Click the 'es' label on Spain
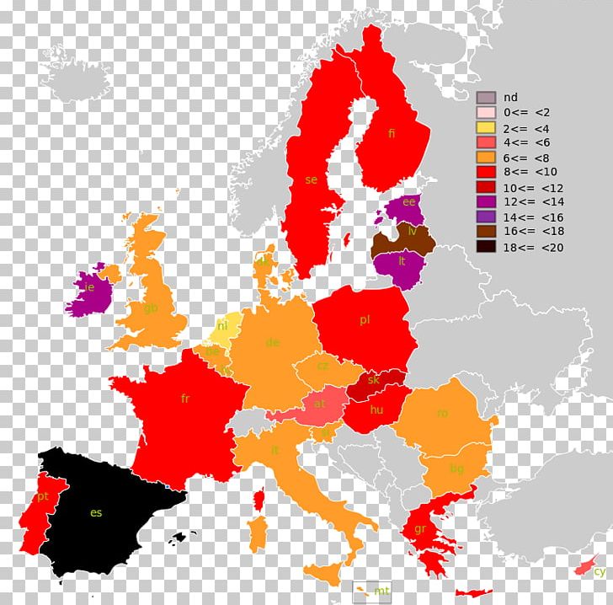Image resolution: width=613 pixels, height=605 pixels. coord(96,512)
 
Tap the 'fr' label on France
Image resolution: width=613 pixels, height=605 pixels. coord(185,399)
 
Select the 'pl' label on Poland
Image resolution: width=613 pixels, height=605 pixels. coord(365,319)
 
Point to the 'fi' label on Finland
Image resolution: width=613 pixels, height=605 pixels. coord(392,133)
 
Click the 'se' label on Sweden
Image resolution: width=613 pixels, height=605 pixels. coord(312,180)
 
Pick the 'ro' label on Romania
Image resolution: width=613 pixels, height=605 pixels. coord(442,413)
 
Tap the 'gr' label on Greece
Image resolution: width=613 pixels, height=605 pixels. coord(419,529)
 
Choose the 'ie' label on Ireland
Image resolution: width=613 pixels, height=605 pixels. coord(89,286)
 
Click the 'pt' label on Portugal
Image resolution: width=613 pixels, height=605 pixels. coord(42,497)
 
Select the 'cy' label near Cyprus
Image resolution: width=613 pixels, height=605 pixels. coord(600,571)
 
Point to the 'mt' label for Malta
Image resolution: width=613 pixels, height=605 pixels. coord(383,590)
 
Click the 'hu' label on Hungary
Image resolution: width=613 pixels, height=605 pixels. coord(376,410)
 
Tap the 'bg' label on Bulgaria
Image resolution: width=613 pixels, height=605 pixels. coord(456,468)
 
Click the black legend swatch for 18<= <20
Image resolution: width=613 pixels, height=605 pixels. coord(486,247)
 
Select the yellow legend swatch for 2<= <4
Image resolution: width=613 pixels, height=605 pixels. coord(486,127)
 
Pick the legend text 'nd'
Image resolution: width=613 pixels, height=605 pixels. coord(510,97)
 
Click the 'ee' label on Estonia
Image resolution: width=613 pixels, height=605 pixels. coord(409,201)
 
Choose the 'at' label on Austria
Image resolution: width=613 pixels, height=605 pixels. coord(319,404)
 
